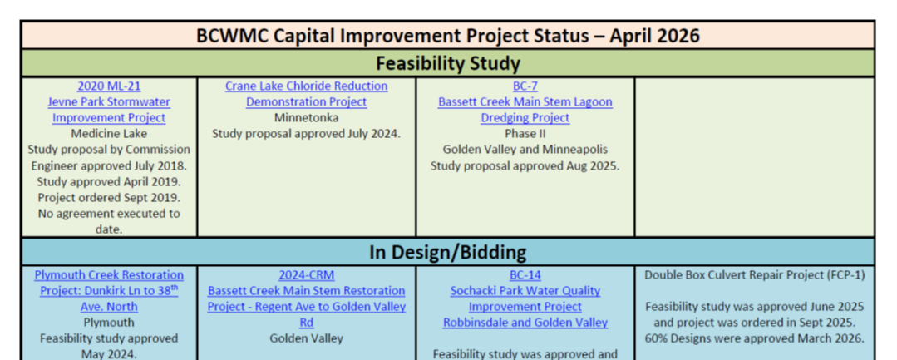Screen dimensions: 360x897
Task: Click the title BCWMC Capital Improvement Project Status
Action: (x=448, y=36)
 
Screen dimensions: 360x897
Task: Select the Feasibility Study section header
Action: (x=448, y=63)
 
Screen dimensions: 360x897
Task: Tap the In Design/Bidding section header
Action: (x=448, y=252)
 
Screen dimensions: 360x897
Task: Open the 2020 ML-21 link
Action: (x=109, y=86)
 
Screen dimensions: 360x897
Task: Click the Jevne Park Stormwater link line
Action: (x=109, y=101)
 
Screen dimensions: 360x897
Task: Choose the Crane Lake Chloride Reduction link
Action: (x=306, y=86)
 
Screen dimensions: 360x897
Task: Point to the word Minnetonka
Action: (x=306, y=117)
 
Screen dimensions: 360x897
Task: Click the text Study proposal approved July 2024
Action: (x=306, y=133)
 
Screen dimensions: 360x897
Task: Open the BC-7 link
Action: (x=525, y=86)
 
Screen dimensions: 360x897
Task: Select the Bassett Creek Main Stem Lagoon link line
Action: (x=525, y=101)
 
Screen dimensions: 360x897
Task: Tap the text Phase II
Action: (x=525, y=133)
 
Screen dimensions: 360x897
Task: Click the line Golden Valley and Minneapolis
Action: (x=525, y=150)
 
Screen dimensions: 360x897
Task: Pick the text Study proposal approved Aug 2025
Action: (x=525, y=165)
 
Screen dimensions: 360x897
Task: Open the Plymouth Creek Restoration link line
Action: (x=109, y=274)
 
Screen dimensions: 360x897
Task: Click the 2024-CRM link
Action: (x=306, y=274)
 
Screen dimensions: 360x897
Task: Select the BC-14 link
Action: (x=525, y=274)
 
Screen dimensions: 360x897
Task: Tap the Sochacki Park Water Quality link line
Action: (x=525, y=291)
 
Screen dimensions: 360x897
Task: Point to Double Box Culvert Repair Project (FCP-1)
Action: (x=754, y=274)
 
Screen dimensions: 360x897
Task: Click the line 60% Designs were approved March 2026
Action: (x=754, y=338)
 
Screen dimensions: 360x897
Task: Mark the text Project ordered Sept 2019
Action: (x=109, y=197)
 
